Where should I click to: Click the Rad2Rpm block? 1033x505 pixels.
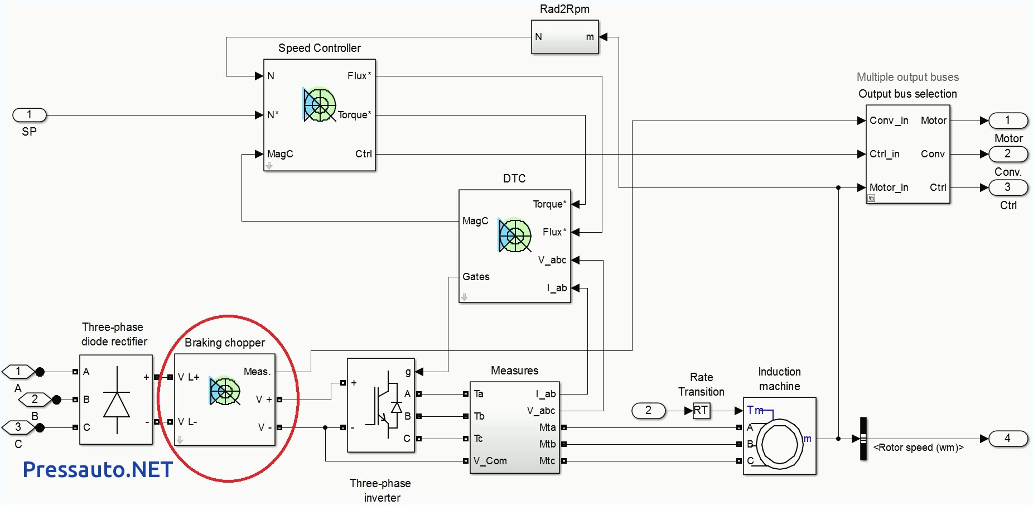tap(564, 37)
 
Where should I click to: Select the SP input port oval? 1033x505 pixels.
tap(30, 116)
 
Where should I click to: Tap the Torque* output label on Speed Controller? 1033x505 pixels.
tap(354, 115)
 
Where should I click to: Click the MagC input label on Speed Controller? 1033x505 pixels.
tap(280, 154)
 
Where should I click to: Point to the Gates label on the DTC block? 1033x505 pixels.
tap(476, 277)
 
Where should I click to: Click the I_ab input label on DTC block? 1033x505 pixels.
tap(557, 288)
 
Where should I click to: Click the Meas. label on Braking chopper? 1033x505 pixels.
tap(257, 372)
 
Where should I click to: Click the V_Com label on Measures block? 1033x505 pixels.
tap(490, 461)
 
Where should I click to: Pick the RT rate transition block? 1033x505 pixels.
tap(701, 411)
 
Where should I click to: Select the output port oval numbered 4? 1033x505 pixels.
tap(1007, 439)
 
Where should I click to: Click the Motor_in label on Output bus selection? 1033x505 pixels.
tap(889, 187)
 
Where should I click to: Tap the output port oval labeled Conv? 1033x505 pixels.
tap(1007, 154)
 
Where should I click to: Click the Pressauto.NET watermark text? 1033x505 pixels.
tap(98, 470)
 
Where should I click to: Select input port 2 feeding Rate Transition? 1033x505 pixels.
tap(648, 411)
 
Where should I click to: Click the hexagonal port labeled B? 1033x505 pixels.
tap(35, 400)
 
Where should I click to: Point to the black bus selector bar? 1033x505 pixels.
tap(863, 439)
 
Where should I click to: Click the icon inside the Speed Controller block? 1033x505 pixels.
tap(319, 104)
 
